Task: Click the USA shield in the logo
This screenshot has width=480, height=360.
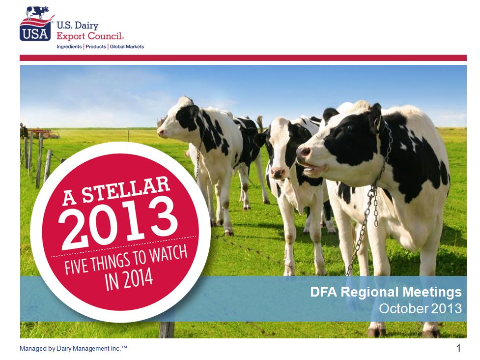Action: tap(35, 32)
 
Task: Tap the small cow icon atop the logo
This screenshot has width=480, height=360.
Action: tap(37, 12)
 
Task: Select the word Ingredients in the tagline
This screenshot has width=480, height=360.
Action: tap(69, 47)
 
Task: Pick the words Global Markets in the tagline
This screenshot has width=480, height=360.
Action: tap(127, 47)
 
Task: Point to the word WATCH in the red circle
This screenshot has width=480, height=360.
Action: tap(168, 255)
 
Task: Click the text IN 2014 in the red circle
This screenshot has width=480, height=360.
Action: tap(129, 279)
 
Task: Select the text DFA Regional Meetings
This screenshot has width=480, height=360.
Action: tap(386, 292)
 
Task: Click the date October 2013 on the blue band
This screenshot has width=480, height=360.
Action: tap(420, 308)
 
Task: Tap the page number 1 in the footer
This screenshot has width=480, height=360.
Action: tap(458, 348)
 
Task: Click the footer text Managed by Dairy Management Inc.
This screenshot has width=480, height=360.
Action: tap(73, 348)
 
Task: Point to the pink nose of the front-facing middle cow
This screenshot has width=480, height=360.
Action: tap(278, 173)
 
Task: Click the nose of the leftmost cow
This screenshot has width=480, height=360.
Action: tap(160, 132)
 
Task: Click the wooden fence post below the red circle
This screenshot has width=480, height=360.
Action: tap(167, 330)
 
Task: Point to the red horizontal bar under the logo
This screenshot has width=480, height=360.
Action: tap(243, 58)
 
